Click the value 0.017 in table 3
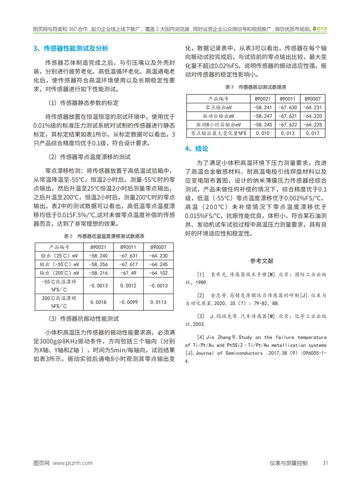(313, 133)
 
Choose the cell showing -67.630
(288, 107)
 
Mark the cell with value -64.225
(313, 125)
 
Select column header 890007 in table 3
(313, 99)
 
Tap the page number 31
(325, 463)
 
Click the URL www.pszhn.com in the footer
(73, 463)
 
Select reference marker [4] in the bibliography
(201, 337)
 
